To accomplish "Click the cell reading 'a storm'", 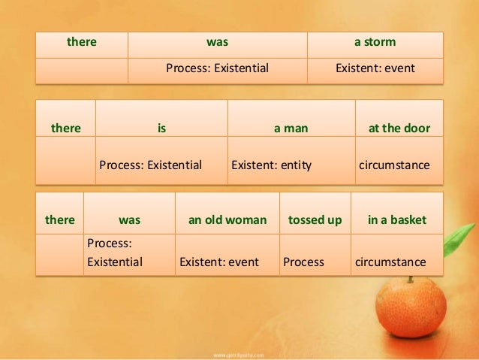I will pyautogui.click(x=375, y=42).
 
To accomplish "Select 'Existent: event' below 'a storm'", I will pyautogui.click(x=375, y=68).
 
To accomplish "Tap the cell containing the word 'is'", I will pyautogui.click(x=161, y=128).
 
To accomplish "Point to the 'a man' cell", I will pyautogui.click(x=291, y=128).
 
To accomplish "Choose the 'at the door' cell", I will pyautogui.click(x=399, y=128).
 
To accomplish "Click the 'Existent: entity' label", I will pyautogui.click(x=272, y=165).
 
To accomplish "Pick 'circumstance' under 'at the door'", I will pyautogui.click(x=395, y=165).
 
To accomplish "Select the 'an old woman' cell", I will pyautogui.click(x=227, y=220).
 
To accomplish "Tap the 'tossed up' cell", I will pyautogui.click(x=315, y=220).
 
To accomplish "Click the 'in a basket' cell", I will pyautogui.click(x=396, y=220).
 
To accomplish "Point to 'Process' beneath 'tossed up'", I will pyautogui.click(x=303, y=262).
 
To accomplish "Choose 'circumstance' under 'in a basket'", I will pyautogui.click(x=390, y=262).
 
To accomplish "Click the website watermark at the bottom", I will pyautogui.click(x=239, y=352).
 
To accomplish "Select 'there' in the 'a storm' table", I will pyautogui.click(x=82, y=42).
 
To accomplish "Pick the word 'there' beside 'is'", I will pyautogui.click(x=65, y=128).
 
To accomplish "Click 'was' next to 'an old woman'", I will pyautogui.click(x=129, y=220).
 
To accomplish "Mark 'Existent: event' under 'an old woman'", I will pyautogui.click(x=218, y=262).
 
